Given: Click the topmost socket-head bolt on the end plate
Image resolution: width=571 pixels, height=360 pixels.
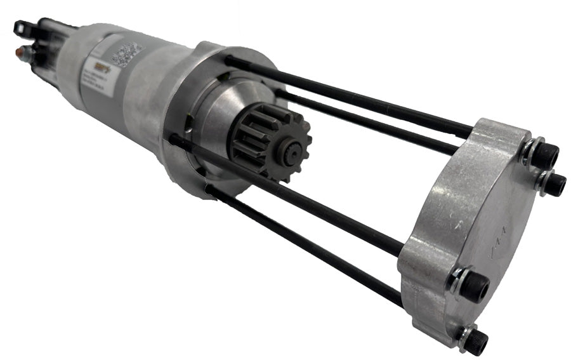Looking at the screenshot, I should [544, 155].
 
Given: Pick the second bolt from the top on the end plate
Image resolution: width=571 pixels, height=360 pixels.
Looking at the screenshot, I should [554, 184].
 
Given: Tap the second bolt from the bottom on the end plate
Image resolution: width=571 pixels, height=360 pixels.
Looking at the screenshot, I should [475, 287].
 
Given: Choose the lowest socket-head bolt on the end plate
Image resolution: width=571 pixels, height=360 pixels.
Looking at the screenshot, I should [474, 342].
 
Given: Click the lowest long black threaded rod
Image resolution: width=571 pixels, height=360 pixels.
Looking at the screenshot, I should [305, 242].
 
